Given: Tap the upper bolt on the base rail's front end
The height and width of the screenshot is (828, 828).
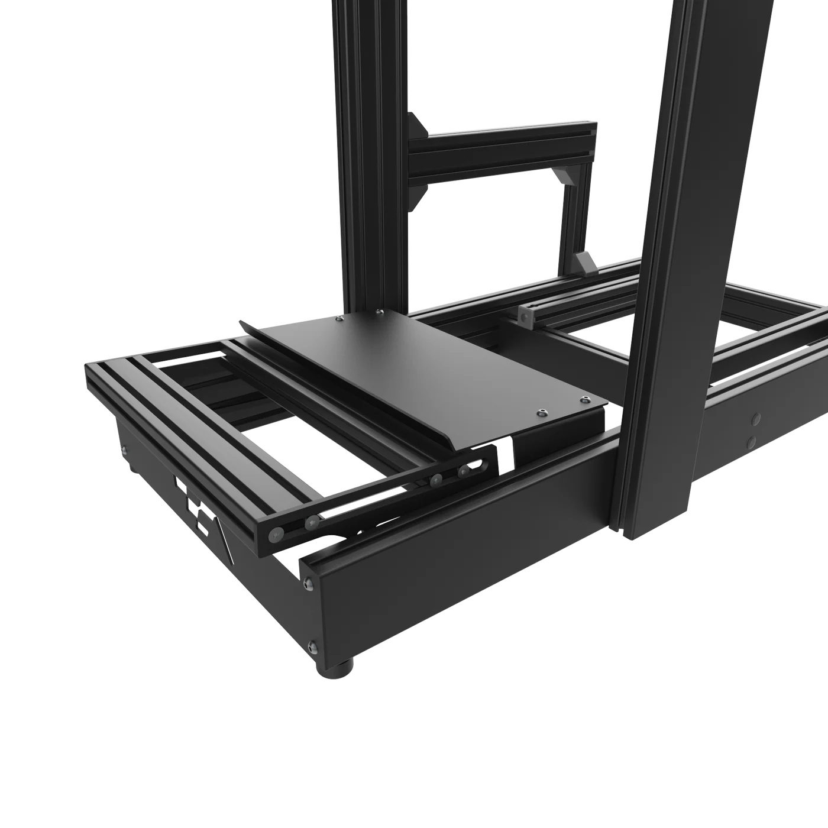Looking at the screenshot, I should (x=306, y=584).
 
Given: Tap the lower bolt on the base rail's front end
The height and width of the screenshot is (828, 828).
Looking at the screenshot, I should (x=312, y=646).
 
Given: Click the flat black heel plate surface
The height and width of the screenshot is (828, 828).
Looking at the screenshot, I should (x=426, y=367).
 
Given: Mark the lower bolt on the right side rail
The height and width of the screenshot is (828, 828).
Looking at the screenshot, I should (x=752, y=441).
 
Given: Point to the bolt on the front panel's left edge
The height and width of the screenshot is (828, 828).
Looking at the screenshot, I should (x=124, y=451).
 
